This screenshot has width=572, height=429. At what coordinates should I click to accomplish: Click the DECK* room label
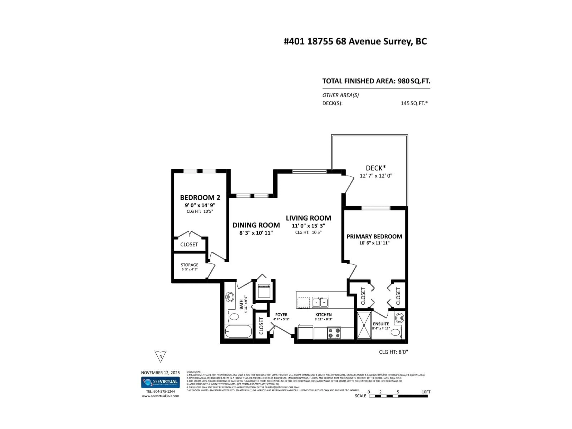[x=376, y=168]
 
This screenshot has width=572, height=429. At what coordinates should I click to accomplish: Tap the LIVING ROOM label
[x=308, y=218]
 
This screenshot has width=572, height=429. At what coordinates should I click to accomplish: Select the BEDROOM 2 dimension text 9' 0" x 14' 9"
[x=200, y=205]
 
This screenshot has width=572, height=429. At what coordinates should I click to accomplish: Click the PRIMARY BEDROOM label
[x=374, y=236]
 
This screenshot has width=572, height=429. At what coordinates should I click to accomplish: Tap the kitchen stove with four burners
[x=334, y=333]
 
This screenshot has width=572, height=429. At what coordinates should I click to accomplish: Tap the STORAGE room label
[x=189, y=265]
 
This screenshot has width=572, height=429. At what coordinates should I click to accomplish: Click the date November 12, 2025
[x=160, y=373]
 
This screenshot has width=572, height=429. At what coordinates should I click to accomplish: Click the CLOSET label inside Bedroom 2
[x=189, y=244]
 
